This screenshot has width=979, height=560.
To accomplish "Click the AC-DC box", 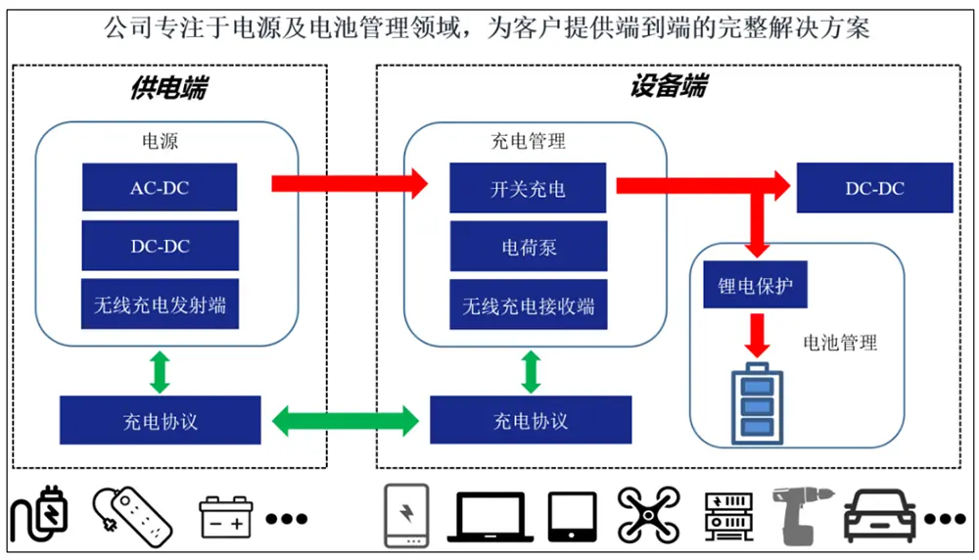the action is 160,187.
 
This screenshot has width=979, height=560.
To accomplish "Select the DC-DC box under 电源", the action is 160,246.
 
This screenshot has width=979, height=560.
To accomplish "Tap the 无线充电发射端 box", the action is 160,304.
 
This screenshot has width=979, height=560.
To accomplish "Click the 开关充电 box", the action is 528,188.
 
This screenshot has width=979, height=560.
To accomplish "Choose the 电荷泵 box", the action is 529,248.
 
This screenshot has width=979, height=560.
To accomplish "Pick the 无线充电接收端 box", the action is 529,305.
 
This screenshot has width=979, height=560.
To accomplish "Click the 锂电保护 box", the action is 755,285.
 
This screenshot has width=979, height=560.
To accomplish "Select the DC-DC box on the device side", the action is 874,188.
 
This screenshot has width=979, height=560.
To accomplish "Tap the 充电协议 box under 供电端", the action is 160,420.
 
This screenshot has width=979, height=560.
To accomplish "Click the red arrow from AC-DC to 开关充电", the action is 350,183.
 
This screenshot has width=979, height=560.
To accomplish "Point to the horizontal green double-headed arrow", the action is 346,421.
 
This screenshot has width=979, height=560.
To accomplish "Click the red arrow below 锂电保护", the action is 757,335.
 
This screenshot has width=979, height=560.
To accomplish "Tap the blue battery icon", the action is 757,403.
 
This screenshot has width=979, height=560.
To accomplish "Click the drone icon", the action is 649,515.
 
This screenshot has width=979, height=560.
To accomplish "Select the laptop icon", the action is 490,516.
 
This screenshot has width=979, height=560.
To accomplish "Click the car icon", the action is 880,516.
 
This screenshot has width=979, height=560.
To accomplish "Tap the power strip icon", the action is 132,517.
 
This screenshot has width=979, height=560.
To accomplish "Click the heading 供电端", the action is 168,87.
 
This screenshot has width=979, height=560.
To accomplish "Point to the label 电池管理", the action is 840,342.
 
